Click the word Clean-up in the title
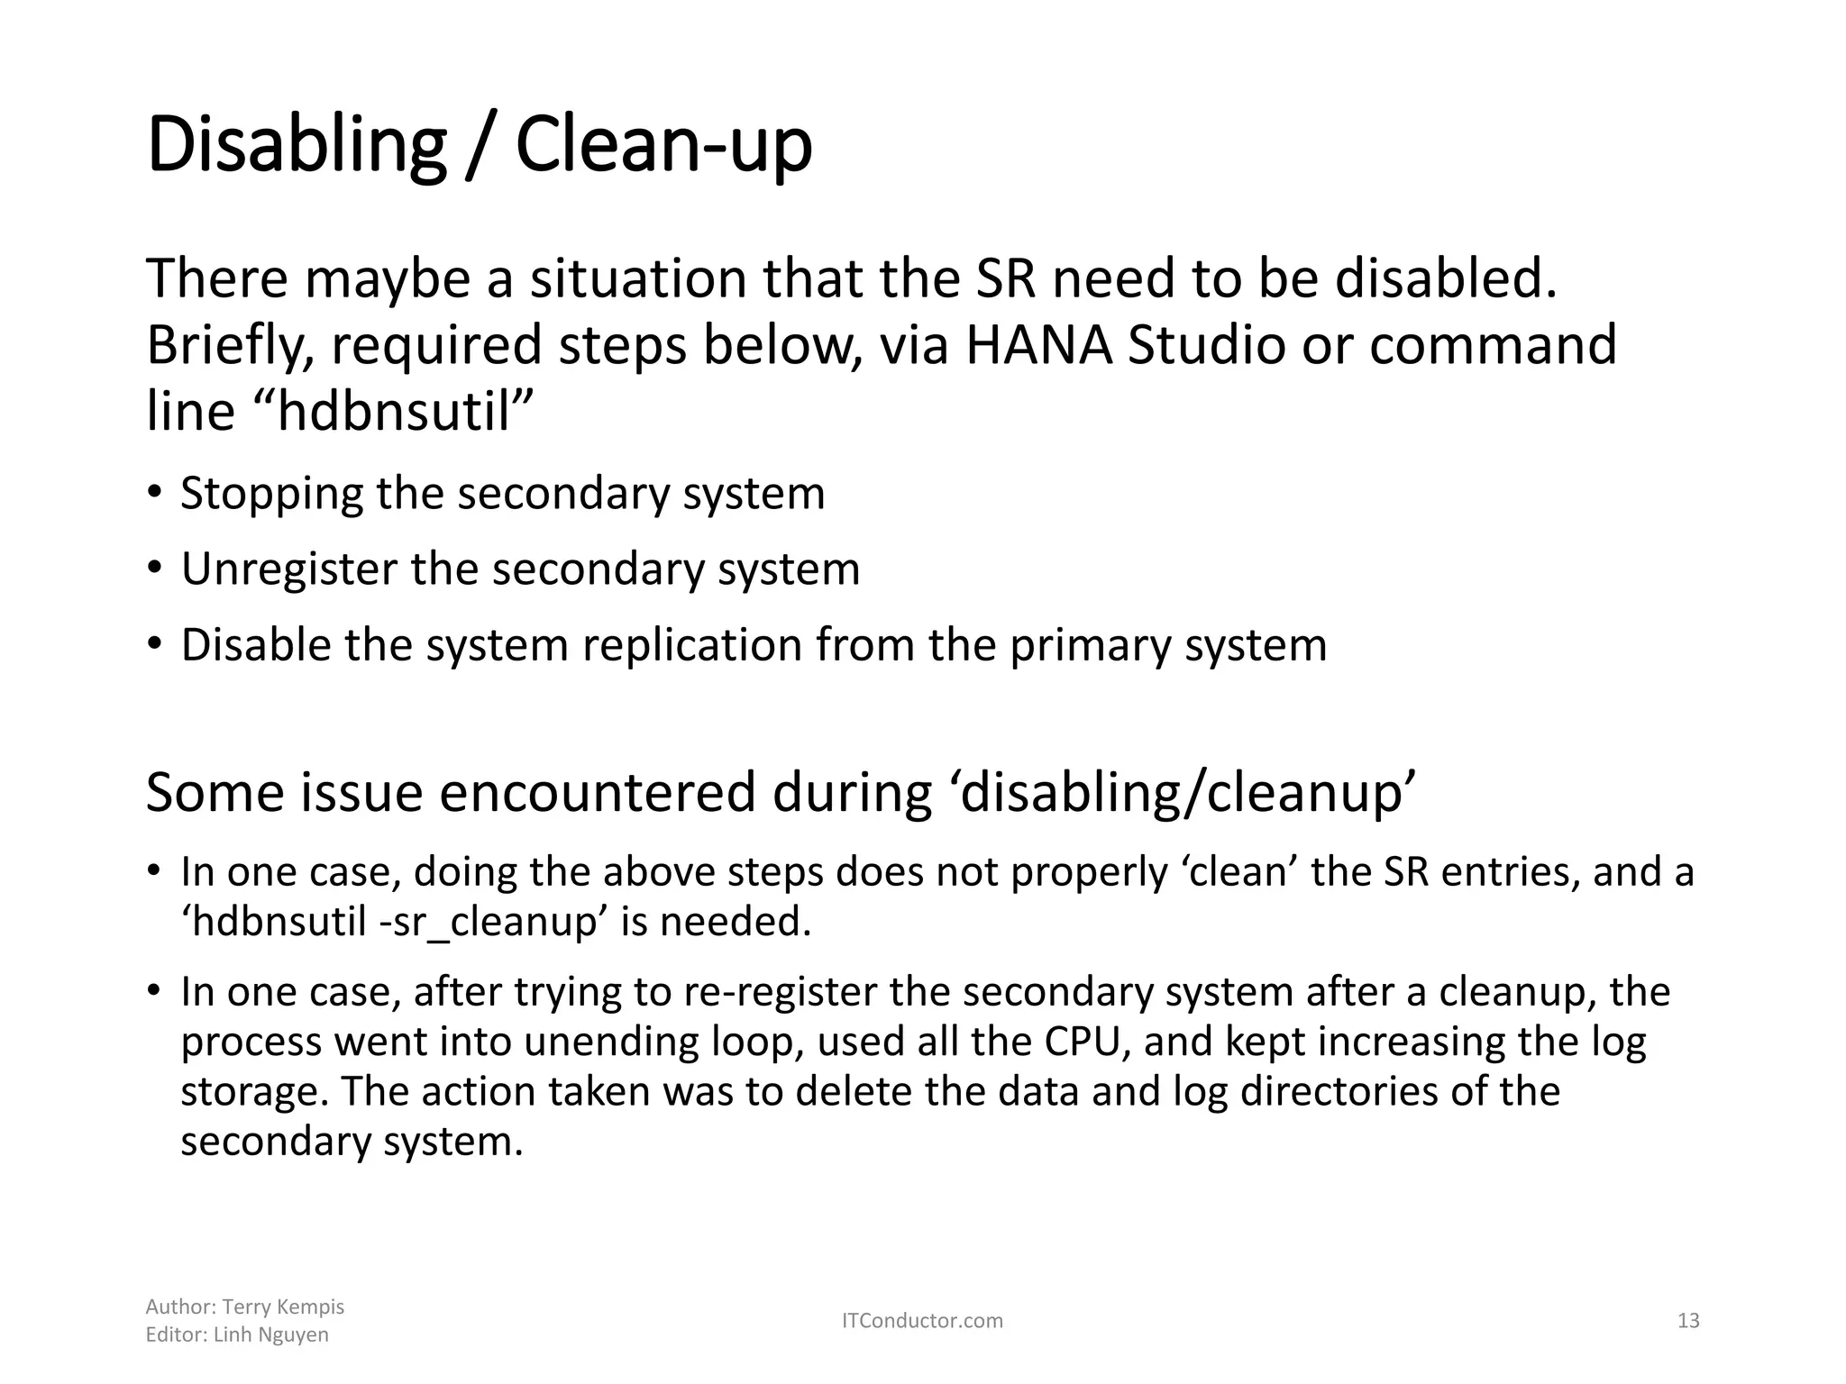pyautogui.click(x=663, y=147)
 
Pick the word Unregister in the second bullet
pyautogui.click(x=288, y=569)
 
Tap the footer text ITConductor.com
pyautogui.click(x=922, y=1321)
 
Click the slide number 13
pyautogui.click(x=1688, y=1321)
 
